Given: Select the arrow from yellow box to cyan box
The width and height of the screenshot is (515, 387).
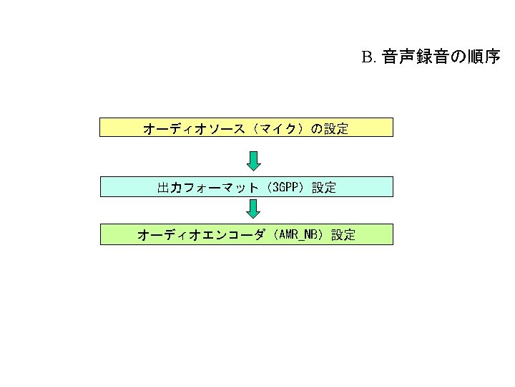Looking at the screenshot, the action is [x=254, y=159].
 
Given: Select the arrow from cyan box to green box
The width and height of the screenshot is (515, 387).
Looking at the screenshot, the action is [x=254, y=209].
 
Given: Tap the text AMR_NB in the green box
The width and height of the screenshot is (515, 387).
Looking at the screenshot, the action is [x=298, y=234].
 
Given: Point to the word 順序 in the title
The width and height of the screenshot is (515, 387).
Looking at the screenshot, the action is [x=484, y=57].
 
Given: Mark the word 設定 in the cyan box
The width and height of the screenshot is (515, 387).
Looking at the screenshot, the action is [x=324, y=188].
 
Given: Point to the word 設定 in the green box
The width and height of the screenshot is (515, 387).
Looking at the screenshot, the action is [x=343, y=234].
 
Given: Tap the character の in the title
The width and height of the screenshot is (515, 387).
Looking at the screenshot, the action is [x=455, y=57].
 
